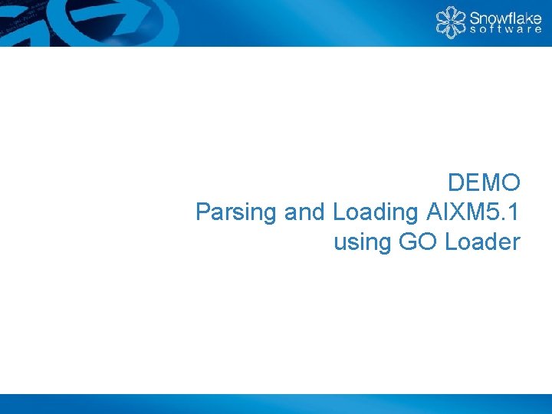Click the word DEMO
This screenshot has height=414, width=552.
[x=485, y=183]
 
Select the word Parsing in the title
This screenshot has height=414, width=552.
[x=237, y=212]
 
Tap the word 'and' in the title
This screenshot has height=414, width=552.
[x=307, y=212]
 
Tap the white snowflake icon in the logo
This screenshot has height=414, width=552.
[x=451, y=22]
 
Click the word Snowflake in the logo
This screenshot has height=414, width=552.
[x=504, y=17]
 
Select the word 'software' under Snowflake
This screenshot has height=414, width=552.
[x=504, y=31]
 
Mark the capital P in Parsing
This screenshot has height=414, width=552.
[x=203, y=212]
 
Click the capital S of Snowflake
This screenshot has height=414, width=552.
[x=475, y=17]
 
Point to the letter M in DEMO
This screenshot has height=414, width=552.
[x=491, y=183]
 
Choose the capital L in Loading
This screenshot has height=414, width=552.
[x=340, y=212]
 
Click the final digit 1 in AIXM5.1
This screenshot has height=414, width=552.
[x=515, y=212]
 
